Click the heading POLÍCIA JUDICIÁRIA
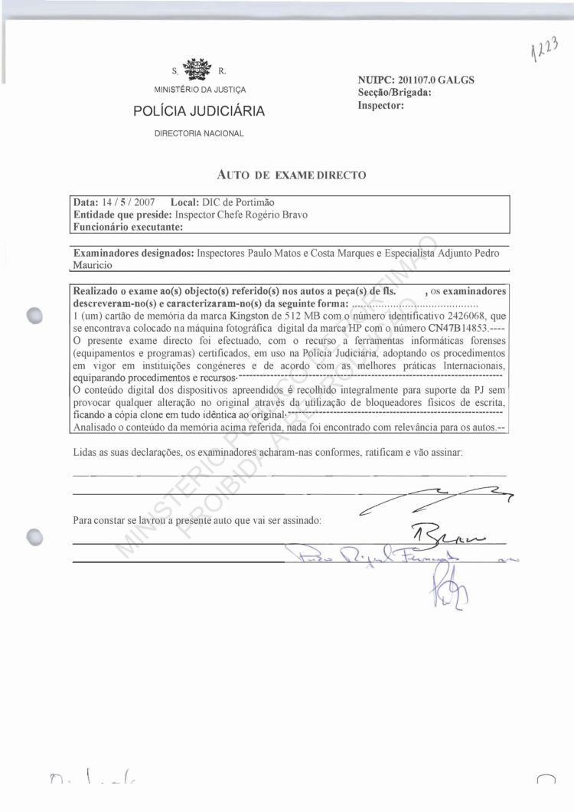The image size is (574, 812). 199,112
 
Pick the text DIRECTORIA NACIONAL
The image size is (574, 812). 199,134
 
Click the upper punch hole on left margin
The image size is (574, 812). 35,316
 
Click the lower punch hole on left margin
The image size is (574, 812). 35,537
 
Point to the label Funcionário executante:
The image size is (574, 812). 128,227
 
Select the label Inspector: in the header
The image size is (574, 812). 380,105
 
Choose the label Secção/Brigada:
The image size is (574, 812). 394,93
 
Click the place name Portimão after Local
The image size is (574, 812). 252,202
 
